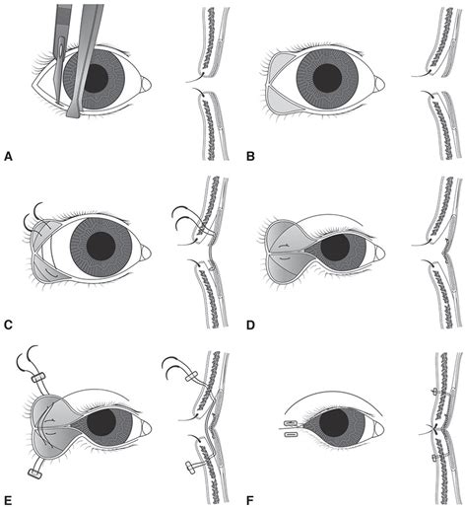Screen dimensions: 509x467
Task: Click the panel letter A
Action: pos(8,156)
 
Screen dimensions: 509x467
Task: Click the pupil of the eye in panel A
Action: pos(96,79)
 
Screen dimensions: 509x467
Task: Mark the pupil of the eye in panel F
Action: pos(340,424)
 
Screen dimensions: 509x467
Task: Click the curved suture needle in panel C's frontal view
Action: pos(33,210)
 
